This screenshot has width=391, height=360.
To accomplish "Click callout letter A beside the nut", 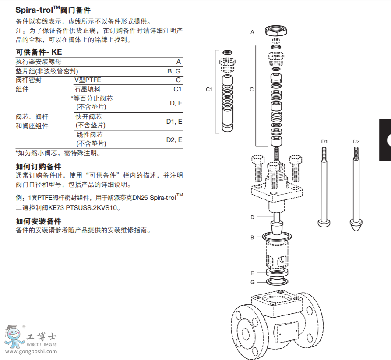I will [x=252, y=31].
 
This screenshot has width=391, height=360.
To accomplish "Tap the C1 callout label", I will [x=209, y=90].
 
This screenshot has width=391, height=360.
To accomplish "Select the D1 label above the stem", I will [x=324, y=141].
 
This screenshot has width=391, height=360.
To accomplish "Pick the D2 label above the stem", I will [x=356, y=141].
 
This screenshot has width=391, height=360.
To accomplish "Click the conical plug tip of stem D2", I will [x=356, y=227].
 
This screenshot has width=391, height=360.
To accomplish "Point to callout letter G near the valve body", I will [x=252, y=282].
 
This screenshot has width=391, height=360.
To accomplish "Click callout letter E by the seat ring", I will [x=252, y=273].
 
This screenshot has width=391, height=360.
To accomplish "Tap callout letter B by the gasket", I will [x=252, y=238].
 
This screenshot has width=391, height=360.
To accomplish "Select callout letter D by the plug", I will [x=252, y=217].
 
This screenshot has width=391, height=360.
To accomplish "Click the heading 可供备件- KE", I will [x=39, y=52].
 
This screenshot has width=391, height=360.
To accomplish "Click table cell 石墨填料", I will [x=88, y=89].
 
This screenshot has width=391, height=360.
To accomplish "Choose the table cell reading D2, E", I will [x=174, y=140].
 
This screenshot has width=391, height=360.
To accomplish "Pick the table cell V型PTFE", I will [x=88, y=80].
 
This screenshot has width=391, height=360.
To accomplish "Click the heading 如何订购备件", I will [x=39, y=167].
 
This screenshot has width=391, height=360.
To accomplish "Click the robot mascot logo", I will [x=14, y=337].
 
